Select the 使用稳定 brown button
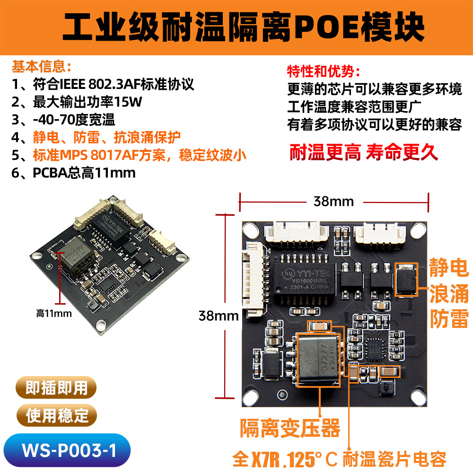[56, 416]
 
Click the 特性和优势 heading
[324, 72]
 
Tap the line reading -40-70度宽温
[64, 120]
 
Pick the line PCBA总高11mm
[74, 173]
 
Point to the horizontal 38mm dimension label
[333, 201]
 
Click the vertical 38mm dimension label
[218, 315]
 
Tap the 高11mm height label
[54, 313]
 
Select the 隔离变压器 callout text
[290, 429]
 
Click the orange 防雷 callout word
[448, 318]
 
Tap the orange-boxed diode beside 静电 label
[406, 280]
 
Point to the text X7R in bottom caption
[264, 458]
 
